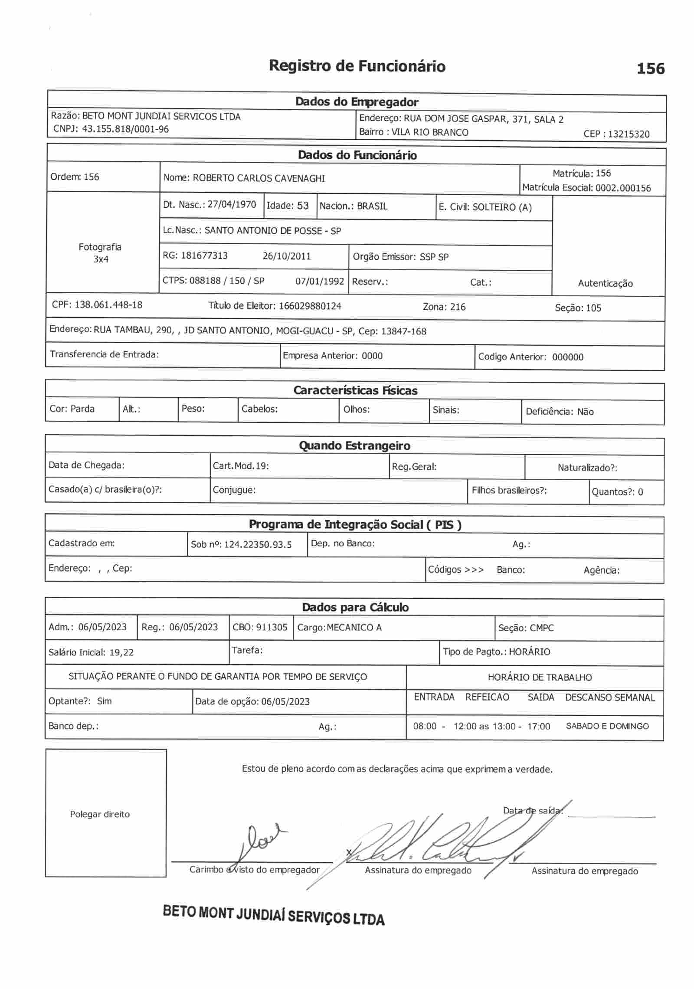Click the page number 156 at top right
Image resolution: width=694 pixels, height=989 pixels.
[650, 69]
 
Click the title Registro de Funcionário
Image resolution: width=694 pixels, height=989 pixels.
[357, 66]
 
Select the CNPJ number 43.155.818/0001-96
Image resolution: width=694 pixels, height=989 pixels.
[125, 129]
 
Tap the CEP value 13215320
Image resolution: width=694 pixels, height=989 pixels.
[629, 134]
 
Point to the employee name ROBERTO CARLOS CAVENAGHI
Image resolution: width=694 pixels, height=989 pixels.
[259, 178]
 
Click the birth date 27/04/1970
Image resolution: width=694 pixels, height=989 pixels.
[232, 204]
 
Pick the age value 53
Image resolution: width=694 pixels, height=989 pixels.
[303, 206]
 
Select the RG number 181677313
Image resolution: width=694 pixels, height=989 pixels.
[204, 255]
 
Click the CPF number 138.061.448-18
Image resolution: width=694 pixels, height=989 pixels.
[108, 305]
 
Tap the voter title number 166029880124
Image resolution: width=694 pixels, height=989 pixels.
[310, 306]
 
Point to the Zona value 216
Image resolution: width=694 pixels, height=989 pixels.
[458, 307]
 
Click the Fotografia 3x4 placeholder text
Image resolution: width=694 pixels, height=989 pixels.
[100, 253]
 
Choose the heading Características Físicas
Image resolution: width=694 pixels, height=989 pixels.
[355, 390]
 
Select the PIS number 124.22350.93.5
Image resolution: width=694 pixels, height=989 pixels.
[258, 544]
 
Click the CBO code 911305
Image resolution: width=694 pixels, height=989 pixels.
[272, 627]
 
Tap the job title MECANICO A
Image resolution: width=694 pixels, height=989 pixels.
[354, 628]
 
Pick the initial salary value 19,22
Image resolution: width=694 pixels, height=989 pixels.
[121, 652]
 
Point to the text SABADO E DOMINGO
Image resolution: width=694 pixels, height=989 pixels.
[607, 726]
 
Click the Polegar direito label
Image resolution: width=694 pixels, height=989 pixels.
[100, 814]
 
